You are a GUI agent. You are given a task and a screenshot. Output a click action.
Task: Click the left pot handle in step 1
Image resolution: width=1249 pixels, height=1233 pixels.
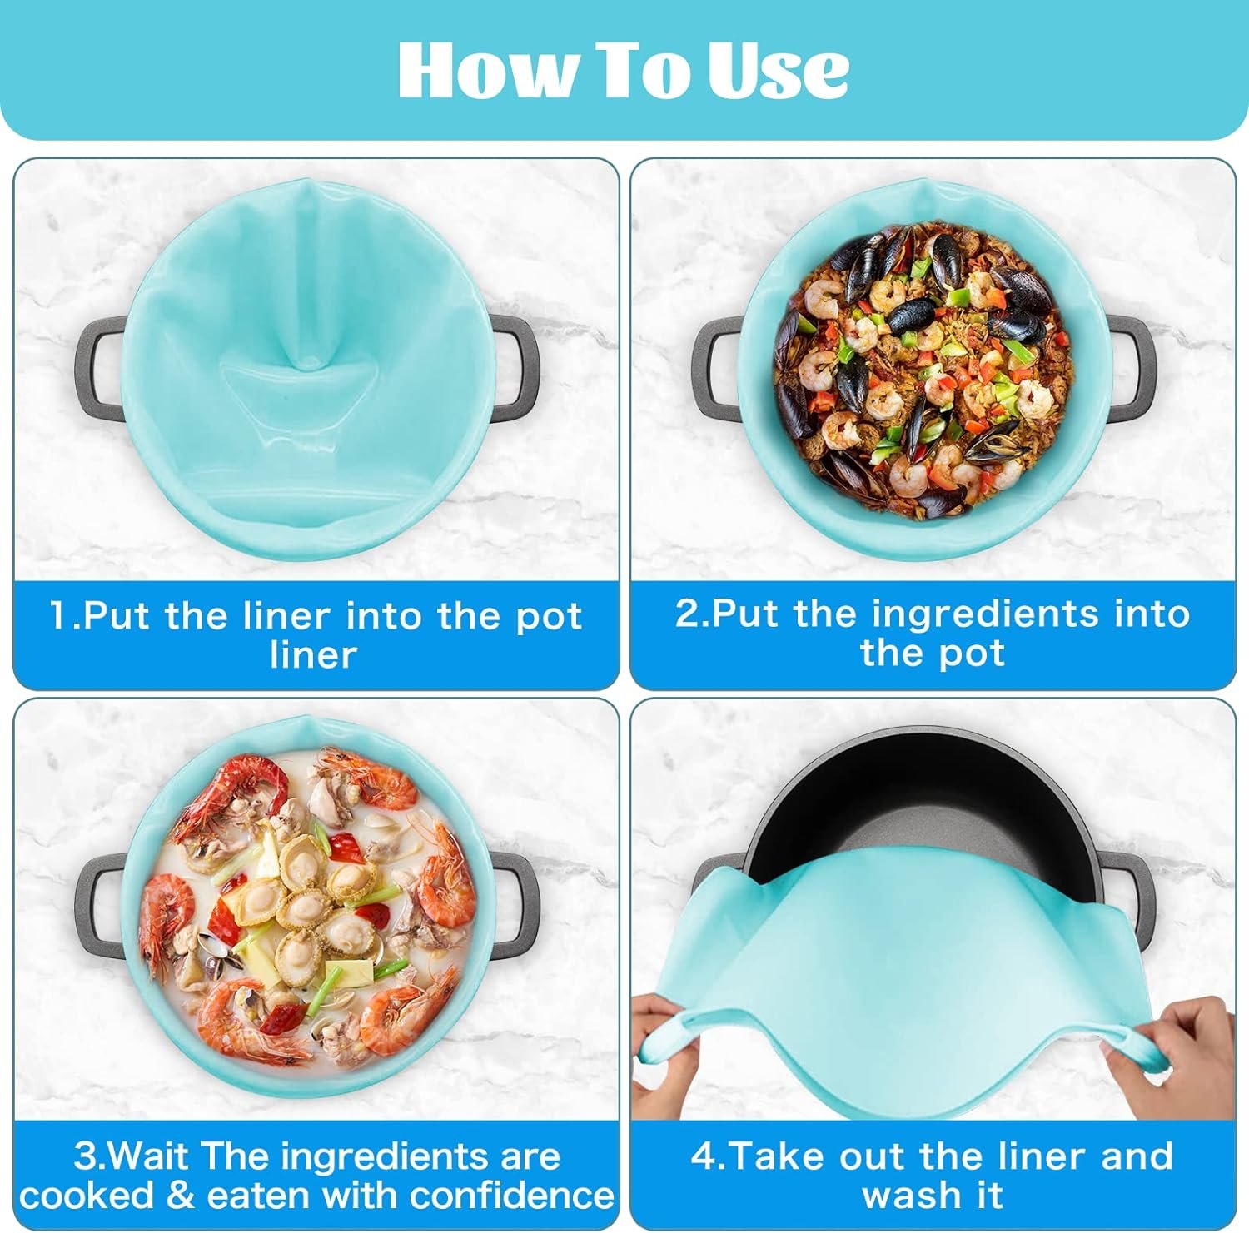click(x=98, y=366)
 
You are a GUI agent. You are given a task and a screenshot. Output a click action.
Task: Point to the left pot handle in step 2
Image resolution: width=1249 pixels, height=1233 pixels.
click(x=714, y=366)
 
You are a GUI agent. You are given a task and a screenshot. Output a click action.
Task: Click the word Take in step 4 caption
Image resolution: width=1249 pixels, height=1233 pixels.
click(x=779, y=1156)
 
